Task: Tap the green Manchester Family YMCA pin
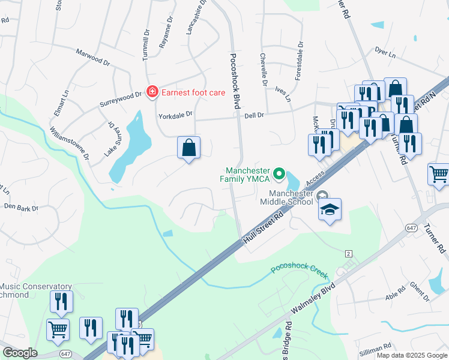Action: pos(279,174)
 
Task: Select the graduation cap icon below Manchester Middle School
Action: pos(329,209)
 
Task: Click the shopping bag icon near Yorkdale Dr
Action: pos(188,147)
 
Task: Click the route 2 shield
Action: pos(349,254)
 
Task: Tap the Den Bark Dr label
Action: pos(21,208)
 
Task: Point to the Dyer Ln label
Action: pos(385,53)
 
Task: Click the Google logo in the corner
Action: pos(19,353)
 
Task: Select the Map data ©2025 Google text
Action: pos(412,355)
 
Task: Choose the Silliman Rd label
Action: pos(375,346)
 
